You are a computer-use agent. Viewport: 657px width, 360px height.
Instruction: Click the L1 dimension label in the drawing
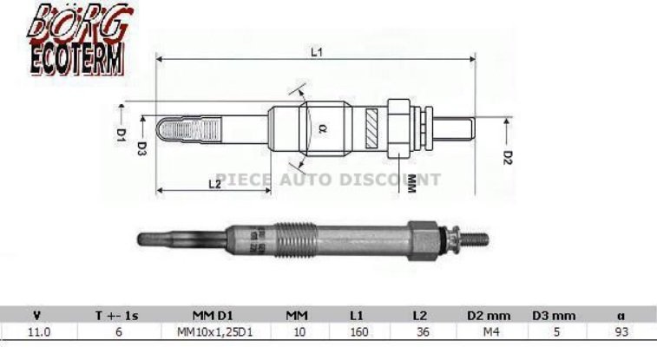point(317,53)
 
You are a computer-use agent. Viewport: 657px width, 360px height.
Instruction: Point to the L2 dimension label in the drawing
point(213,183)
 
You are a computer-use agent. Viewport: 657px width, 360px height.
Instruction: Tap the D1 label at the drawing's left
point(122,134)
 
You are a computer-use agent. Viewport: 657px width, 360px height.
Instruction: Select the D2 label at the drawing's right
point(509,157)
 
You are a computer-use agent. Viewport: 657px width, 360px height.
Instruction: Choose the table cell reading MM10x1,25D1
point(209,331)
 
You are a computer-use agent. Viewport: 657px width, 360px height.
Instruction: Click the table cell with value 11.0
point(36,331)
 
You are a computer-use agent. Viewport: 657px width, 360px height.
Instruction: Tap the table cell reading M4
point(486,331)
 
